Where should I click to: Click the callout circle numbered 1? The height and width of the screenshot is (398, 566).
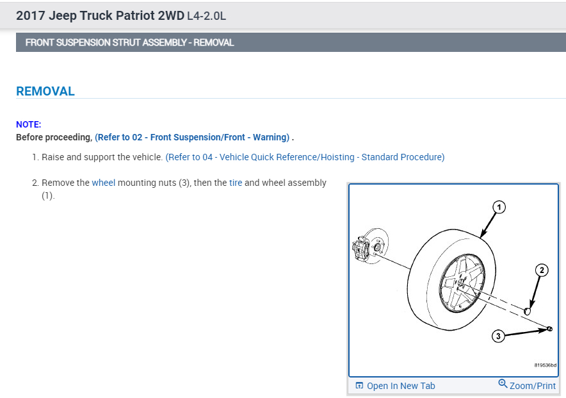click(x=499, y=207)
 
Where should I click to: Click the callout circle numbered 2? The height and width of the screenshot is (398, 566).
click(x=542, y=270)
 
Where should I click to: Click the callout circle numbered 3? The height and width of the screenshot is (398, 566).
click(x=498, y=336)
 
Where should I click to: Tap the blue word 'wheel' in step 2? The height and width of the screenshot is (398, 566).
click(x=104, y=183)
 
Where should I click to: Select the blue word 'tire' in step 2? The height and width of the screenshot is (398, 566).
click(x=236, y=183)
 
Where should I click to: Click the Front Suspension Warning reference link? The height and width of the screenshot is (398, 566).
click(x=192, y=137)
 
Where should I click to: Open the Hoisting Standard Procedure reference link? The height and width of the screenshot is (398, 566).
click(x=305, y=157)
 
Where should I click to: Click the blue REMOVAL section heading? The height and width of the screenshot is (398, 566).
click(x=45, y=92)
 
